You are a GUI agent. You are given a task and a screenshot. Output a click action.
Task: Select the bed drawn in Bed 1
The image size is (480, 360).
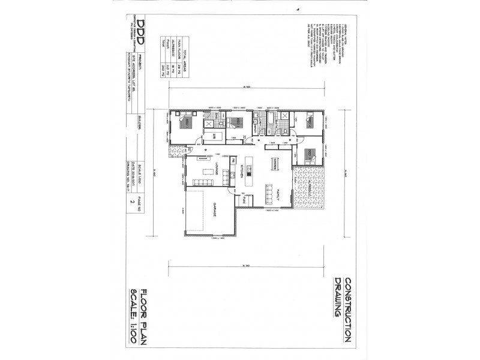click(x=184, y=124)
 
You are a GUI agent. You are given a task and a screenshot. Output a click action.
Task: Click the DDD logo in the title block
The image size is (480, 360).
click(x=141, y=28)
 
